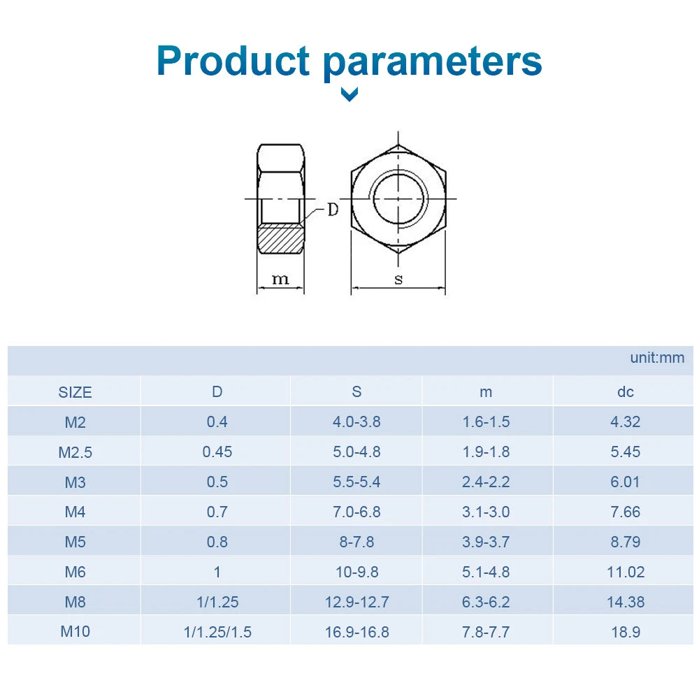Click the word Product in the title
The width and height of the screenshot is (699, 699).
tap(233, 61)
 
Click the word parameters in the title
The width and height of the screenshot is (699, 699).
tap(433, 64)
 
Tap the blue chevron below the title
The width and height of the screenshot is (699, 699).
tap(349, 94)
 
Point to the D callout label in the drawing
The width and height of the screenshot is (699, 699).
tap(333, 209)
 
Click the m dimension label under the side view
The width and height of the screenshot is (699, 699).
tap(280, 279)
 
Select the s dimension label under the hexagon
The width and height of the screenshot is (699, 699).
tap(398, 279)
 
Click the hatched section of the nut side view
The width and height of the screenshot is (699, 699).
tap(281, 240)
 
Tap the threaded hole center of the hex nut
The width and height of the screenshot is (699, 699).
tap(398, 199)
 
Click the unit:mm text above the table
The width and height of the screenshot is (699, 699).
tap(657, 357)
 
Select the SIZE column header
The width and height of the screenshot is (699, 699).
tap(75, 392)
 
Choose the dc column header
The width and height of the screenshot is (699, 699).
tap(626, 392)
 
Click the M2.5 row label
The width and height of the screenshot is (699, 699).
tap(75, 452)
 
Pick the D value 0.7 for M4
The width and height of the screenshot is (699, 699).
tap(217, 512)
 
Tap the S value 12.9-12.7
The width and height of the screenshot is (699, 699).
tap(356, 602)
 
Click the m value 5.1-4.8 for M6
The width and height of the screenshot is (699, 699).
tap(486, 572)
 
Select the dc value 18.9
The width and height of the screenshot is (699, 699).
tap(626, 632)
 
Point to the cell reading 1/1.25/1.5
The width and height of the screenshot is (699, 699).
tap(217, 632)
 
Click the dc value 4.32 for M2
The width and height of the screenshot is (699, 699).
tap(626, 421)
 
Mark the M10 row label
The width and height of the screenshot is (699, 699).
tap(75, 631)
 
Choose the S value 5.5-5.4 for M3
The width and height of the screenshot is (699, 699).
tap(356, 482)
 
